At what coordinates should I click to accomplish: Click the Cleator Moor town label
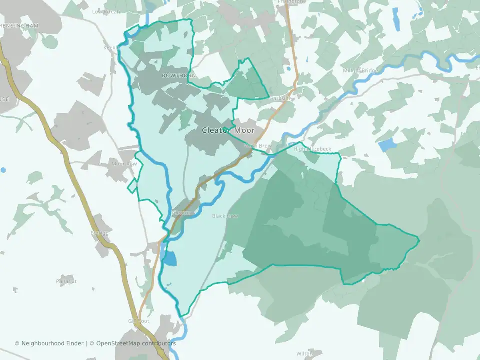(228, 130)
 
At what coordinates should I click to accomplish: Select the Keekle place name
(109, 48)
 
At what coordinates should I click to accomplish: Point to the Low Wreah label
(106, 11)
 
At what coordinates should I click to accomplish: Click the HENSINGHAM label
(20, 25)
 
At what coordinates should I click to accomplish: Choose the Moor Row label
(124, 163)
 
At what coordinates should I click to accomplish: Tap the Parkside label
(280, 99)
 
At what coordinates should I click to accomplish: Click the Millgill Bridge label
(360, 70)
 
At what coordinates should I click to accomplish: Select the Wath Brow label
(258, 146)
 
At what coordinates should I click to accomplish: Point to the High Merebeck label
(312, 149)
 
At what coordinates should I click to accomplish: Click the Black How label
(225, 216)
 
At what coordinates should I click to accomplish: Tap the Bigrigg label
(99, 233)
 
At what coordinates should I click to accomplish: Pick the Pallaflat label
(66, 281)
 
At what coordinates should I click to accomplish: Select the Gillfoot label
(138, 321)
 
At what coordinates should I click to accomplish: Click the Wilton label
(304, 353)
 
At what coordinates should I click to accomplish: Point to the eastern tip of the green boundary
(419, 241)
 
